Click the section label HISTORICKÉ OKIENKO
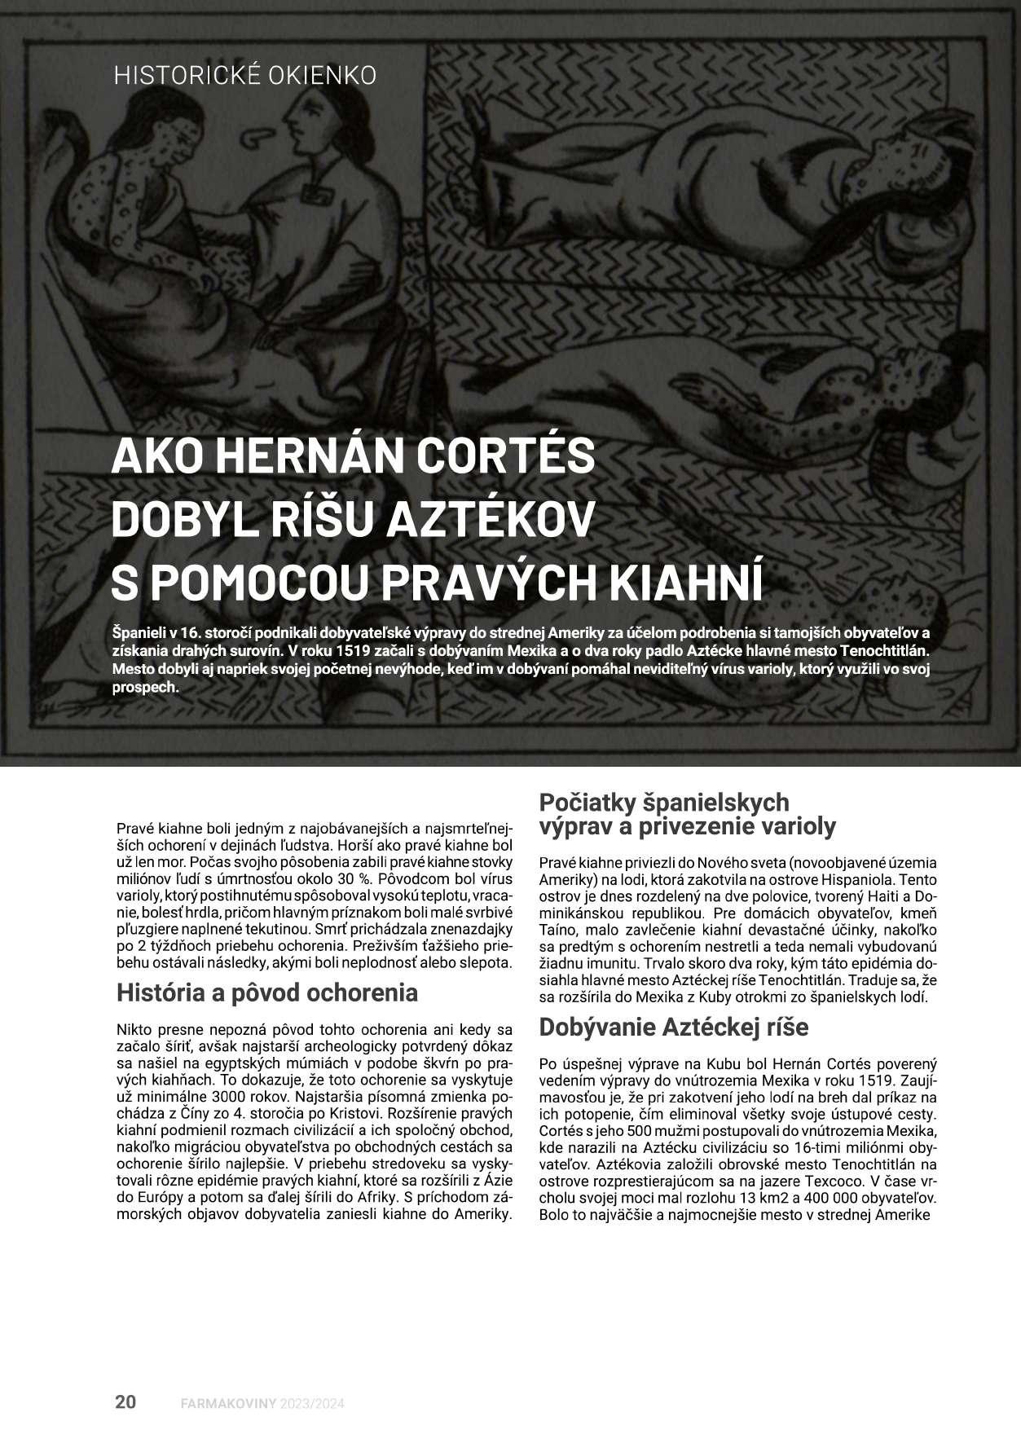click(245, 75)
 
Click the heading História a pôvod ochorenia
click(267, 992)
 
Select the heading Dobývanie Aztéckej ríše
click(673, 1027)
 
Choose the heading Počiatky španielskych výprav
click(664, 803)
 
